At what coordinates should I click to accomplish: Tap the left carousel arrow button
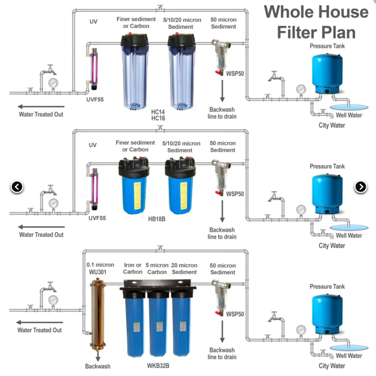(x=17, y=187)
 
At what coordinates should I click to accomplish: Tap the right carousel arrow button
(x=361, y=187)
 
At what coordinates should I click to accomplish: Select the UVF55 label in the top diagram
(x=96, y=100)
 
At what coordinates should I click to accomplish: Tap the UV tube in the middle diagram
(x=94, y=189)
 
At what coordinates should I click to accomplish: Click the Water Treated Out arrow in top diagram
(x=40, y=106)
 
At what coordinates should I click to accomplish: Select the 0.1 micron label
(x=100, y=265)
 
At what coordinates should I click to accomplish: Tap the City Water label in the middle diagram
(x=331, y=246)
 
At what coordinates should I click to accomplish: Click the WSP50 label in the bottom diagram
(x=235, y=314)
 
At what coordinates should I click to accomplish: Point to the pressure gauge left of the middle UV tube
(x=53, y=202)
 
